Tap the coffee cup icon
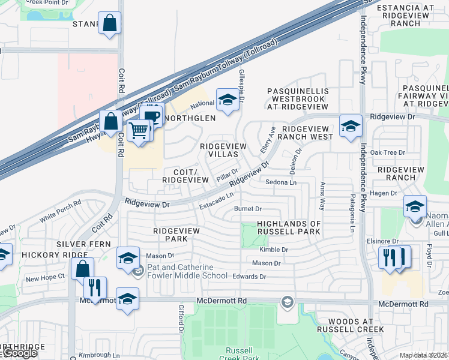(x=152, y=116)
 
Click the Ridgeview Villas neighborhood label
(x=223, y=150)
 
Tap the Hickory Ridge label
(x=47, y=255)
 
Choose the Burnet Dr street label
(x=248, y=209)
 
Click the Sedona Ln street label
(x=281, y=182)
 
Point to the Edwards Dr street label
(x=250, y=277)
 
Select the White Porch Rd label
(x=60, y=211)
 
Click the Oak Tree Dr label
(x=388, y=152)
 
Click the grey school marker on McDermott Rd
(x=287, y=301)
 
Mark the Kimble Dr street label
(x=274, y=250)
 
